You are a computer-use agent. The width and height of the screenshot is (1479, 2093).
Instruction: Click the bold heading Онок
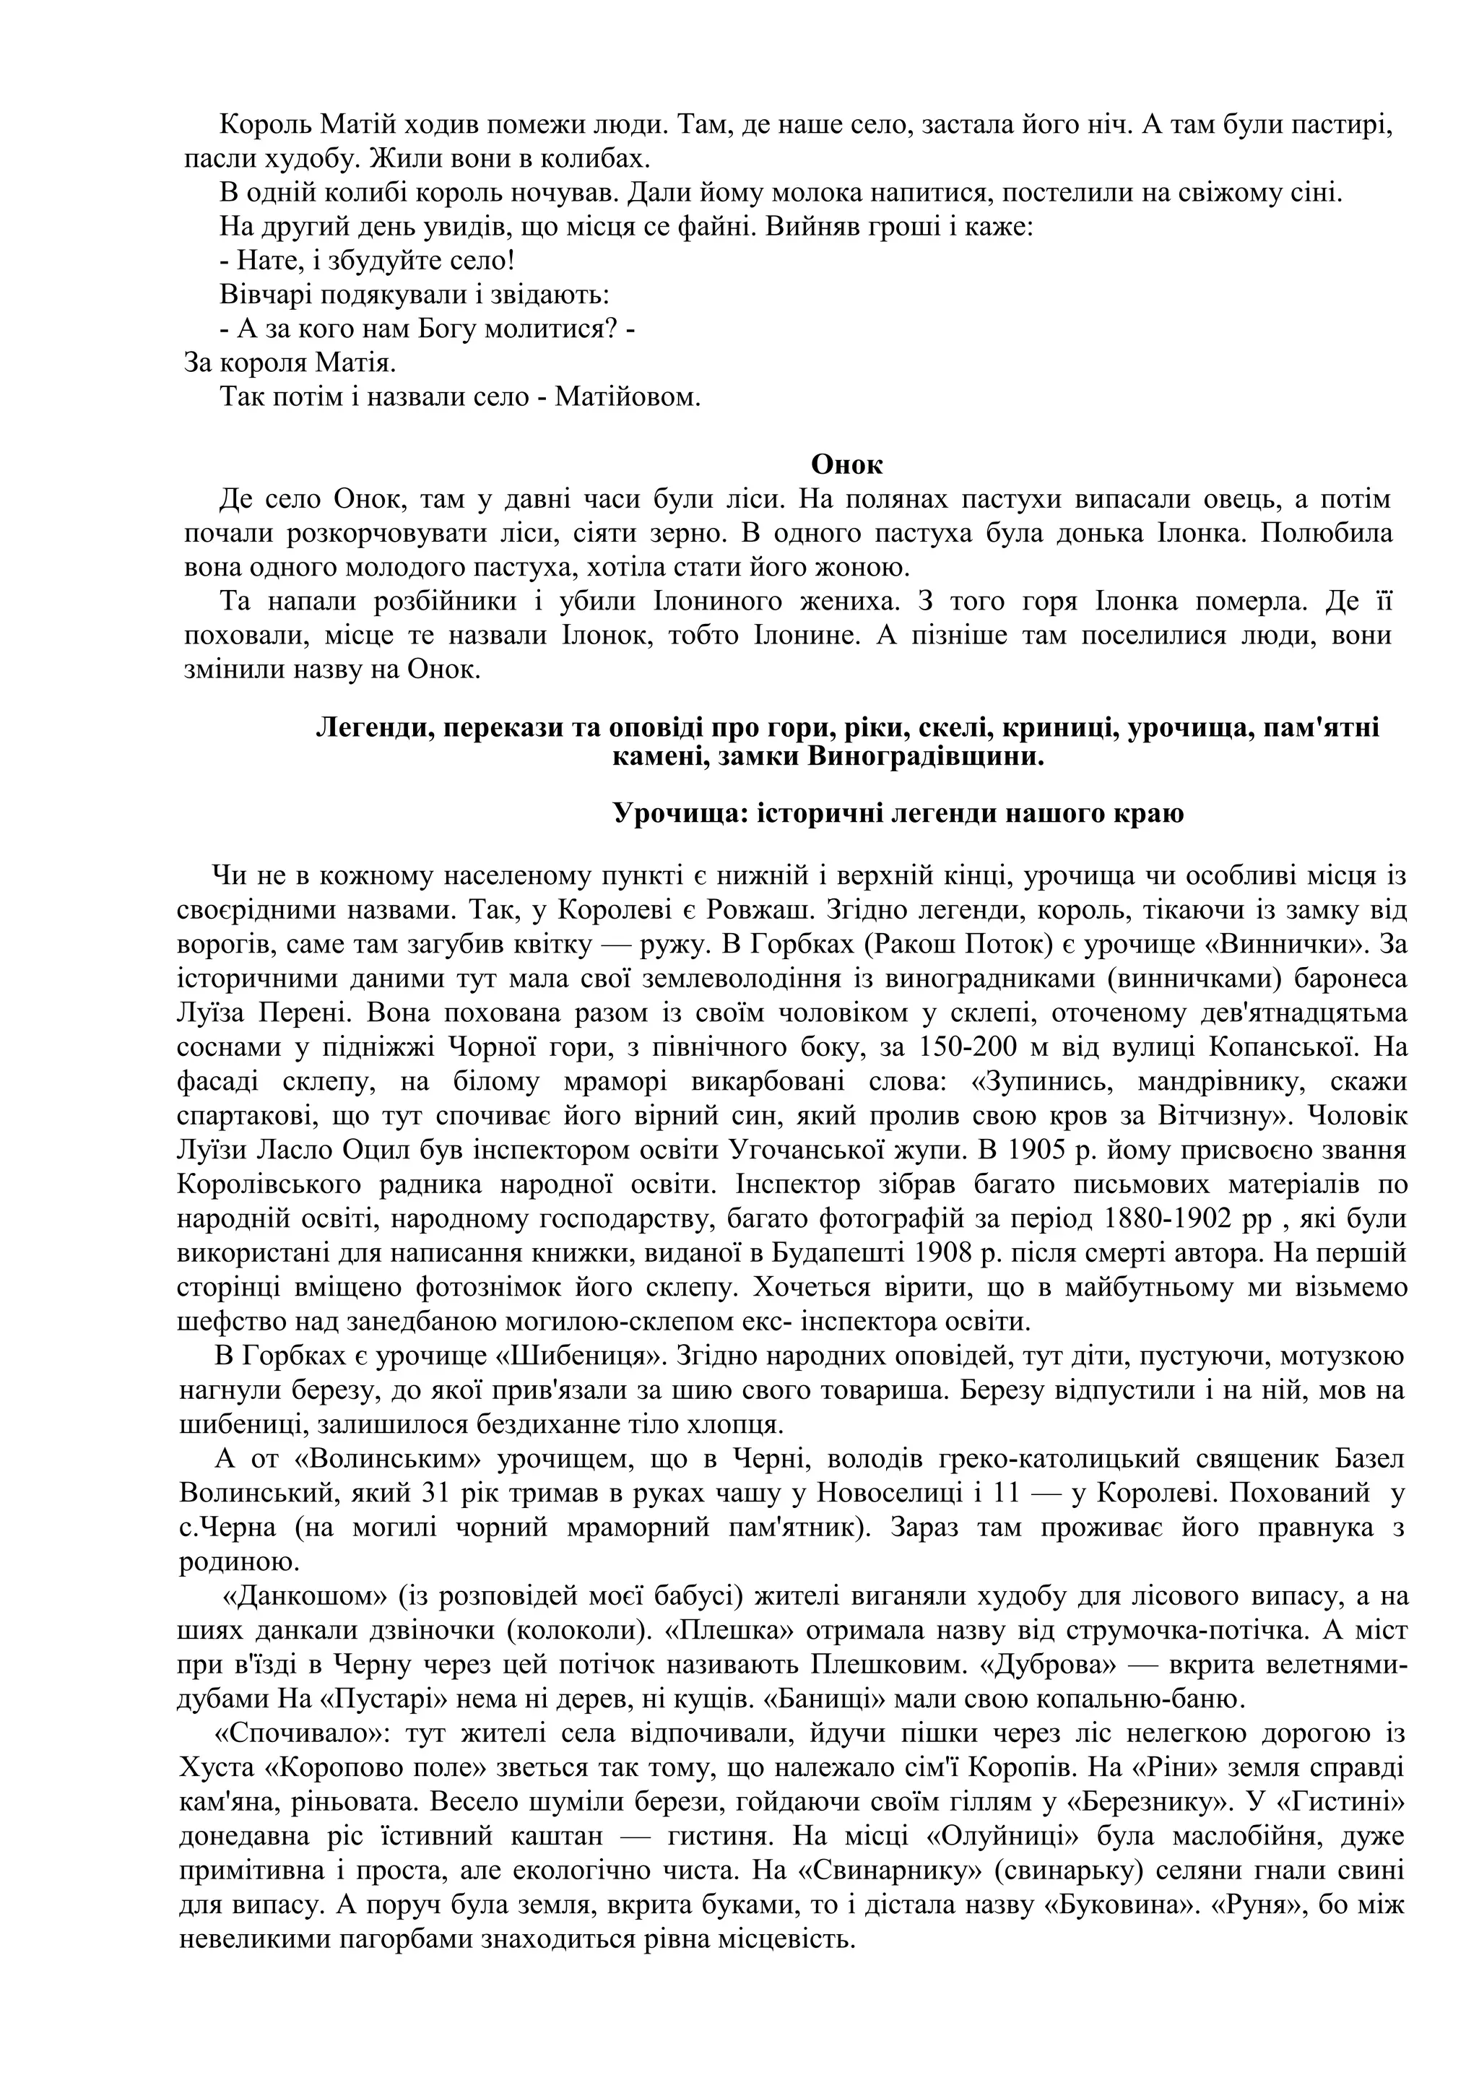click(x=846, y=465)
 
